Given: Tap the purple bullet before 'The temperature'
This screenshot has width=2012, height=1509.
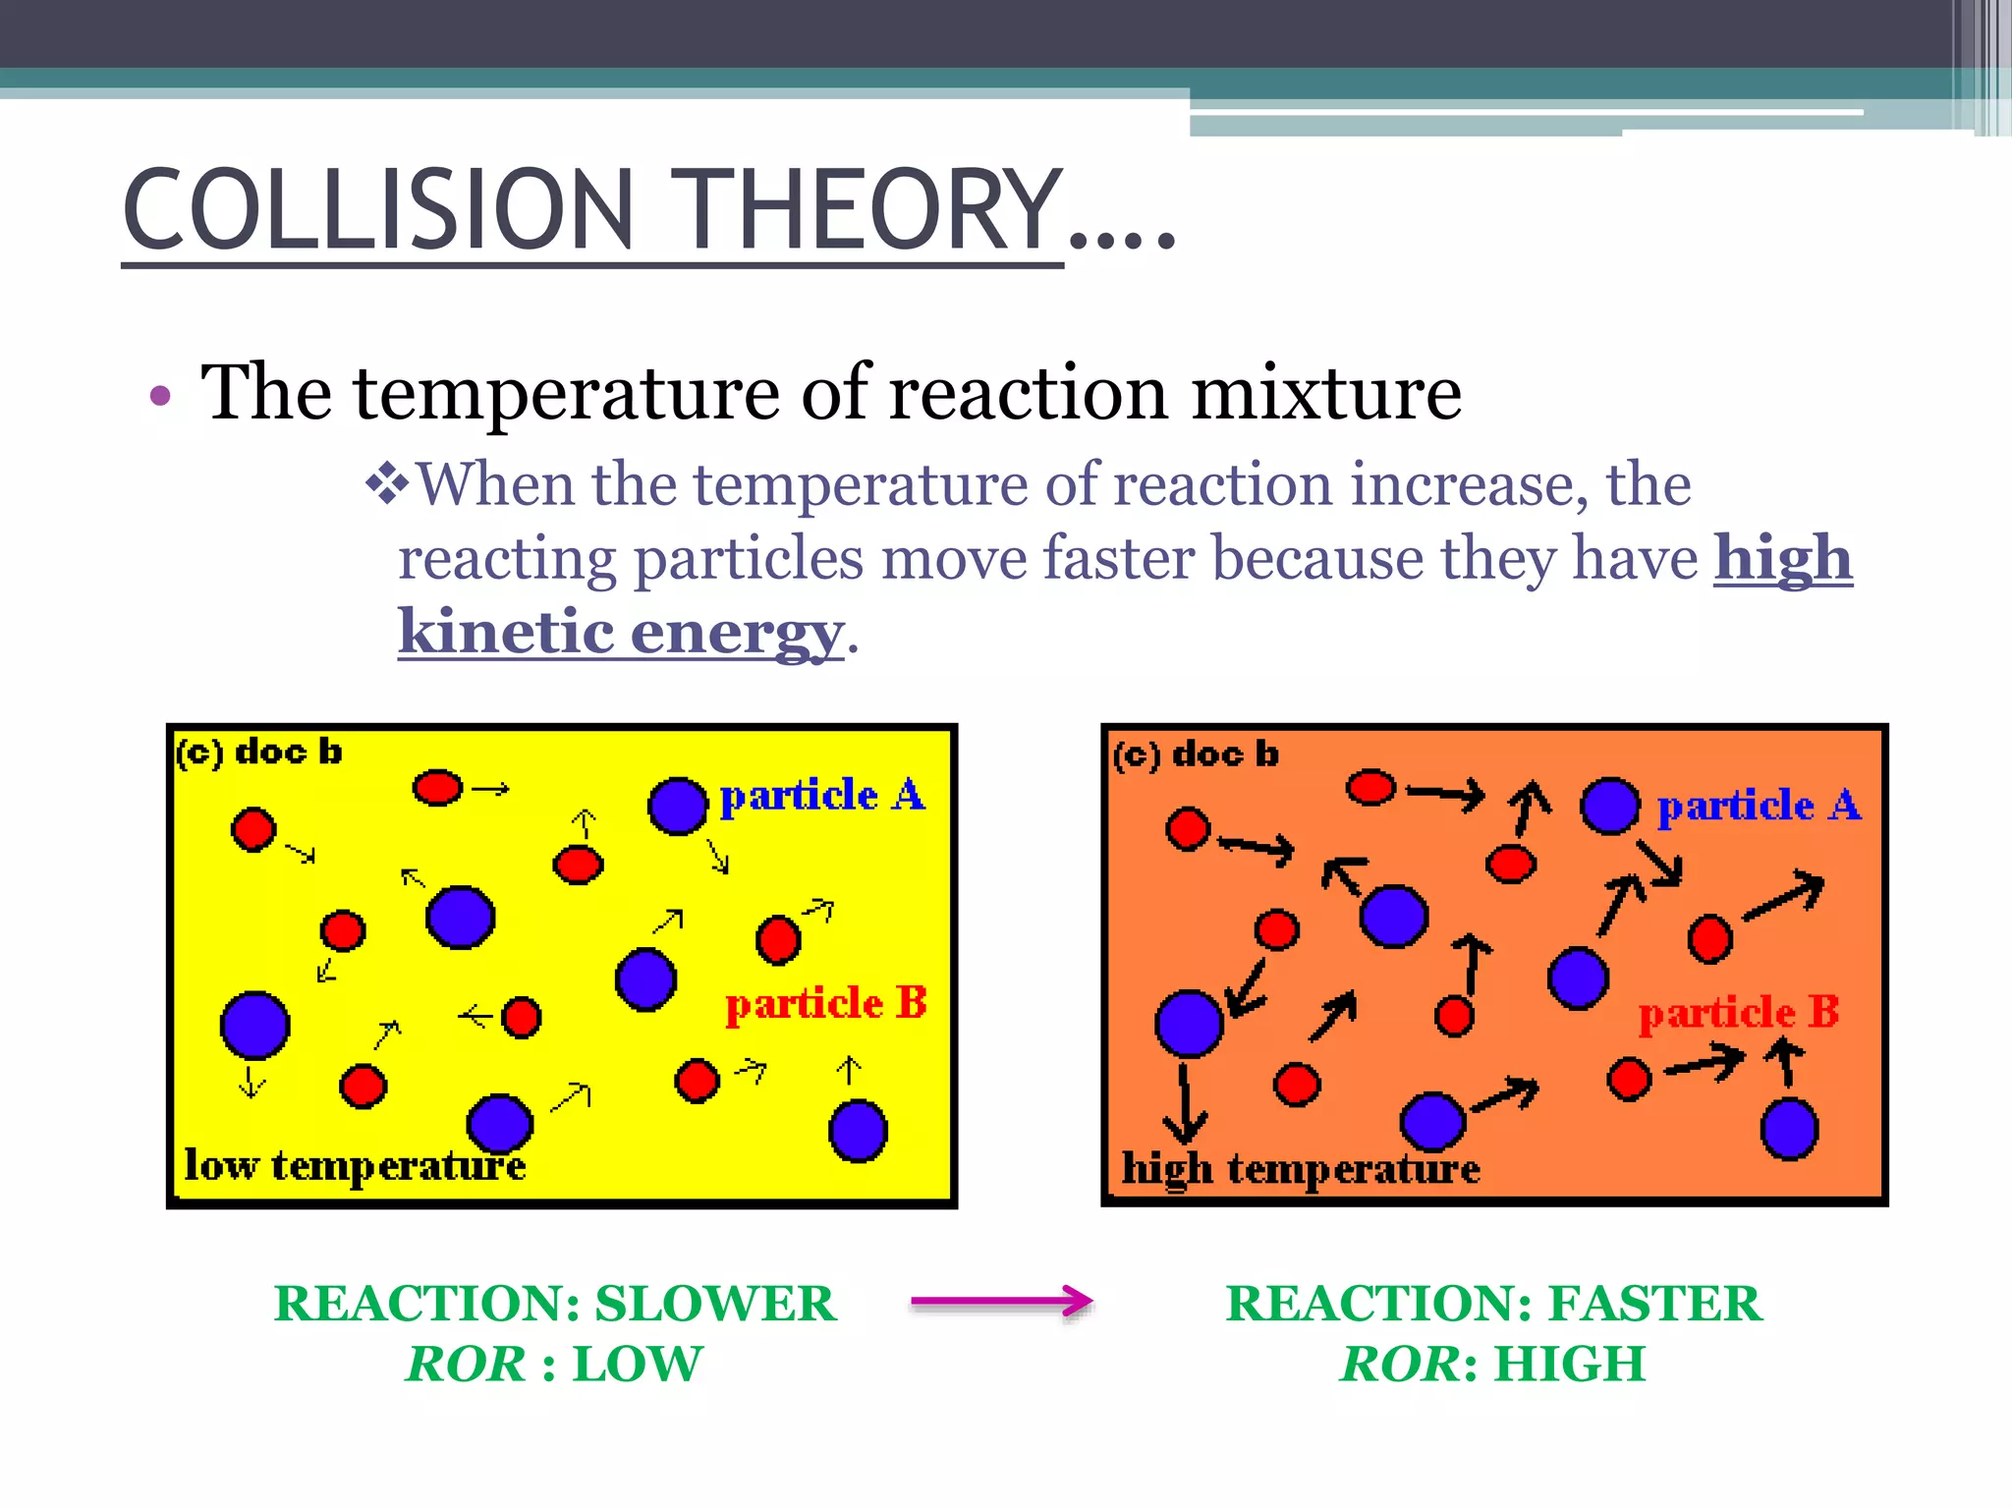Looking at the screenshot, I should point(160,397).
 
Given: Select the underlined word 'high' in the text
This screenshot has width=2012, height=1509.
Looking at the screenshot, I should point(1782,558).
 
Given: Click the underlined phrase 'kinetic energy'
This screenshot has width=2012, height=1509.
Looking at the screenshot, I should point(620,631).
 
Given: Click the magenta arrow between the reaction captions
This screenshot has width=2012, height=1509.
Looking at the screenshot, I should point(1001,1302).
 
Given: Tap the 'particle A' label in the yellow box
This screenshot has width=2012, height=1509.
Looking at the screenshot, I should point(822,796).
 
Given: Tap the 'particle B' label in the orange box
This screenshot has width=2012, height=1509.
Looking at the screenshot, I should point(1738,1012).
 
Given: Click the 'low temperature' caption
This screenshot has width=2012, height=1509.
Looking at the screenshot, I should point(355,1166).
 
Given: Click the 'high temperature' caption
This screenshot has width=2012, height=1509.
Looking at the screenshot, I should point(1300,1169).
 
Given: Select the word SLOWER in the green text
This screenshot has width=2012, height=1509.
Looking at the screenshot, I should point(715,1304).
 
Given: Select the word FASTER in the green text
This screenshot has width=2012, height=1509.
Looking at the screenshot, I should point(1654,1304).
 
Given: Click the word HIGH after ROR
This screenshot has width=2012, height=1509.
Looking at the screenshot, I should point(1569,1364).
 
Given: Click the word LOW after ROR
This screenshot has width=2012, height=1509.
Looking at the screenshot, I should point(637,1364).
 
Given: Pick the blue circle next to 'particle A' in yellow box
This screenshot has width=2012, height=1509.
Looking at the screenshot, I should point(678,806).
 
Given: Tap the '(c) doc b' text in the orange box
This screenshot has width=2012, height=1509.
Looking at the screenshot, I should point(1196,754).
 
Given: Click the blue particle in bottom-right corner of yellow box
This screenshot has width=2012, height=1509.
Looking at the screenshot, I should point(858,1131).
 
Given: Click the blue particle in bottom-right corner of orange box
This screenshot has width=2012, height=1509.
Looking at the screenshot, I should point(1789,1129).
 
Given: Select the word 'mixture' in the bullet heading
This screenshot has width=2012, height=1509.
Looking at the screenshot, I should point(1326,393).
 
